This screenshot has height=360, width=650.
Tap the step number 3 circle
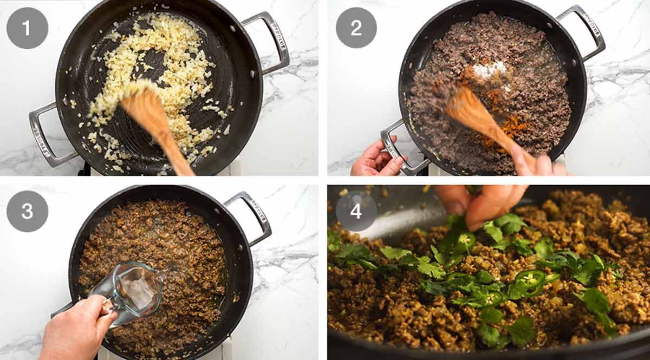(x=27, y=211)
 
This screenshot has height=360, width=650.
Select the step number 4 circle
(x=356, y=211)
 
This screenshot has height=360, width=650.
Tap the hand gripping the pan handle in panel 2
(x=374, y=160)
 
